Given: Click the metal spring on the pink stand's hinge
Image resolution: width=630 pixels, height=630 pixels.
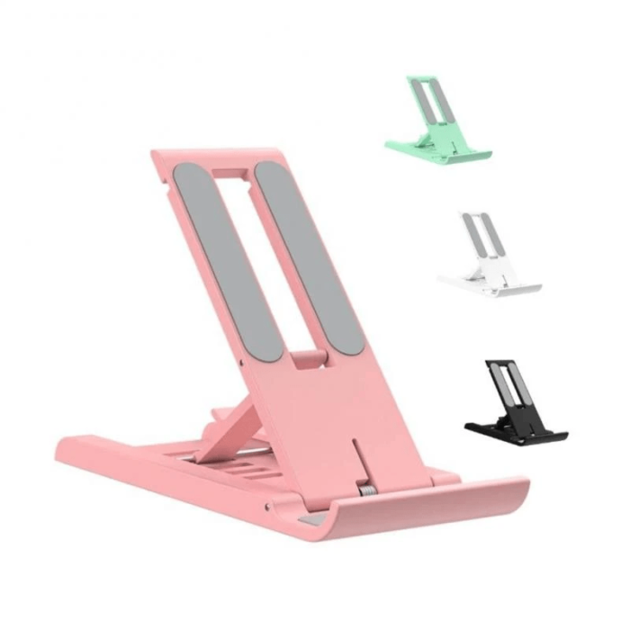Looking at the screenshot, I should click(368, 492).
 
